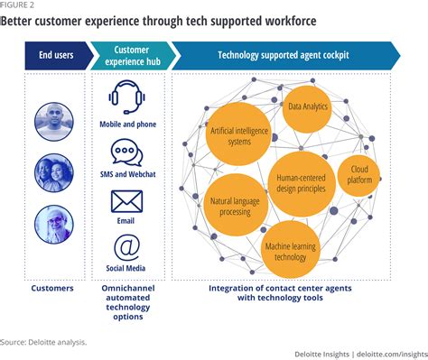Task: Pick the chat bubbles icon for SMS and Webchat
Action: click(127, 153)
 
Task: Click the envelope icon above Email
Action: click(127, 201)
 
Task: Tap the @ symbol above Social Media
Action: click(127, 245)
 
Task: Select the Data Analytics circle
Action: click(307, 107)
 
